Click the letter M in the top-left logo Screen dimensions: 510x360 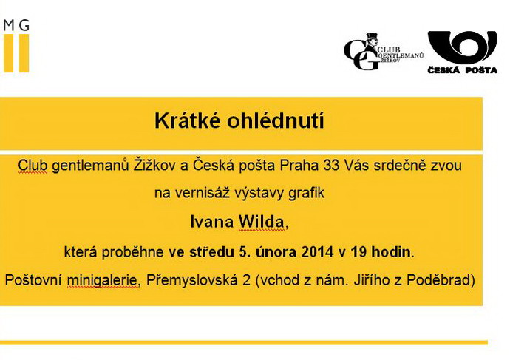click(9, 25)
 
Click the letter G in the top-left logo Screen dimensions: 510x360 click(24, 25)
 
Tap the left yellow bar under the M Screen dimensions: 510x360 click(8, 53)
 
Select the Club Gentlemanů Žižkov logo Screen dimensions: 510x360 click(384, 52)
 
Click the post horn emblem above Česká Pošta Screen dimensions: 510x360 click(462, 47)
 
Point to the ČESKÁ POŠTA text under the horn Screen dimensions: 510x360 click(462, 70)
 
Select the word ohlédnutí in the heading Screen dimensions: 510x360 click(276, 120)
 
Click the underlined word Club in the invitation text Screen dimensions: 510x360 click(33, 165)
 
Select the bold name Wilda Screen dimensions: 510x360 click(261, 222)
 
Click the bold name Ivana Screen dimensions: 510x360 click(211, 222)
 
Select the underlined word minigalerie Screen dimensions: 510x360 click(102, 280)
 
